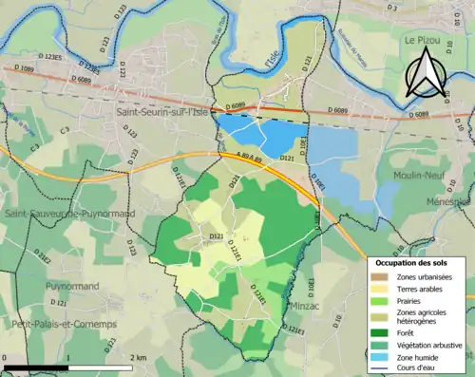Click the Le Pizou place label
[423, 42]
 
